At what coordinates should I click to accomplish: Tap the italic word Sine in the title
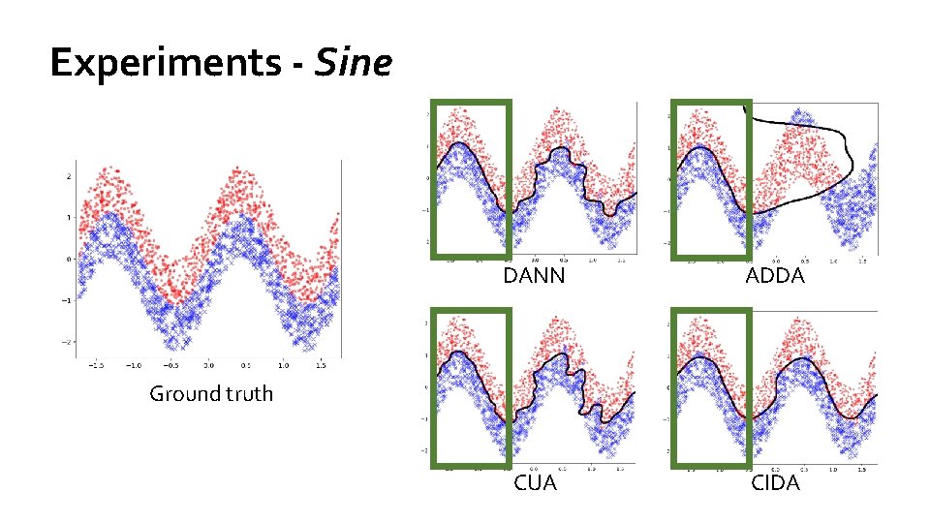[x=365, y=64]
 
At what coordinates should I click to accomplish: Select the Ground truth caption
[x=210, y=393]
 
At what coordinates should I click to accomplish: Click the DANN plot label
[x=534, y=276]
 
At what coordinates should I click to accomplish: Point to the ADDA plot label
[x=775, y=276]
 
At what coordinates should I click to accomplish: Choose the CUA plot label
[x=535, y=482]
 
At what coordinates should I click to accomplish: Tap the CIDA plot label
[x=775, y=482]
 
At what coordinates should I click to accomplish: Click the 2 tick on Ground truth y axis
[x=68, y=176]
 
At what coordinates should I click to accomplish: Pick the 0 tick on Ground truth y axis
[x=68, y=259]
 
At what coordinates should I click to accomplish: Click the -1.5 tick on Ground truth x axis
[x=97, y=366]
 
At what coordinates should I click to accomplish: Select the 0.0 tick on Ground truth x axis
[x=210, y=366]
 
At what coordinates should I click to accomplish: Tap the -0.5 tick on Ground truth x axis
[x=171, y=366]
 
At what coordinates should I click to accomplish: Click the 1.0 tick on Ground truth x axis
[x=284, y=366]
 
